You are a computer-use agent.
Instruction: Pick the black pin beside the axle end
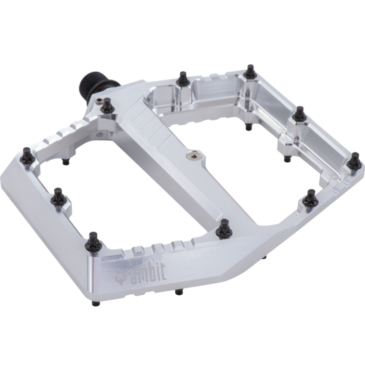point(107,104)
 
